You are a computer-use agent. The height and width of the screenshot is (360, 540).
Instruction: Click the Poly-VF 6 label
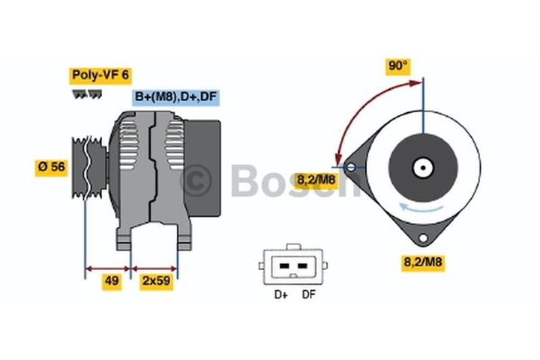click(x=100, y=76)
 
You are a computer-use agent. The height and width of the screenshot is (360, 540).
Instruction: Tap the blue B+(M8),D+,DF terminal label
click(x=176, y=97)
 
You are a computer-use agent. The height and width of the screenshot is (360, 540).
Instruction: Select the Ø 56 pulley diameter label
click(x=51, y=168)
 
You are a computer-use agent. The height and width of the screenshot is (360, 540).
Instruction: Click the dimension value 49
click(x=111, y=282)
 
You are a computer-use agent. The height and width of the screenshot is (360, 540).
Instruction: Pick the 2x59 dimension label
click(x=157, y=282)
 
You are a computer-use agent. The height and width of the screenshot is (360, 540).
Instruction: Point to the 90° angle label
click(x=398, y=66)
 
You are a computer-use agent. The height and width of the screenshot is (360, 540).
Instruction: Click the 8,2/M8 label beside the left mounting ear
click(x=315, y=180)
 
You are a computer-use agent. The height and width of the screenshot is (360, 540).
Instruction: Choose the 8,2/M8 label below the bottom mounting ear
click(x=423, y=263)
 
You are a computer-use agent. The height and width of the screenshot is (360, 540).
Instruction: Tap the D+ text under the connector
click(x=281, y=295)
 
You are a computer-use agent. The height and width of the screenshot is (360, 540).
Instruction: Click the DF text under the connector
click(x=308, y=295)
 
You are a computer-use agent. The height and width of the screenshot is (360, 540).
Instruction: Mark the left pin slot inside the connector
click(x=284, y=266)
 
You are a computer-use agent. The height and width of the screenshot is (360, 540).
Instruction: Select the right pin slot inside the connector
click(x=302, y=266)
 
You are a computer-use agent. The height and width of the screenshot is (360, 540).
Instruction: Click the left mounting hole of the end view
click(x=350, y=168)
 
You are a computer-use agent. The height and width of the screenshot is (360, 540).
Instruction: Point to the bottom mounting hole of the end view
click(x=423, y=238)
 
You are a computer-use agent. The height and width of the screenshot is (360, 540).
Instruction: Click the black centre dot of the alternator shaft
click(x=423, y=168)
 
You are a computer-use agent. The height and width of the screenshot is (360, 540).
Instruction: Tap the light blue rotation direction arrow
click(x=421, y=209)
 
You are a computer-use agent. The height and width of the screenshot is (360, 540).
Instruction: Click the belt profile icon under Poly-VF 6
click(x=87, y=95)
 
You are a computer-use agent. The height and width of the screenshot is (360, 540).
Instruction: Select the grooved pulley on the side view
click(x=89, y=168)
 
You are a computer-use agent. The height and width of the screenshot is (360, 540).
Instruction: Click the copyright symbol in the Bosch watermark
click(x=196, y=180)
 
